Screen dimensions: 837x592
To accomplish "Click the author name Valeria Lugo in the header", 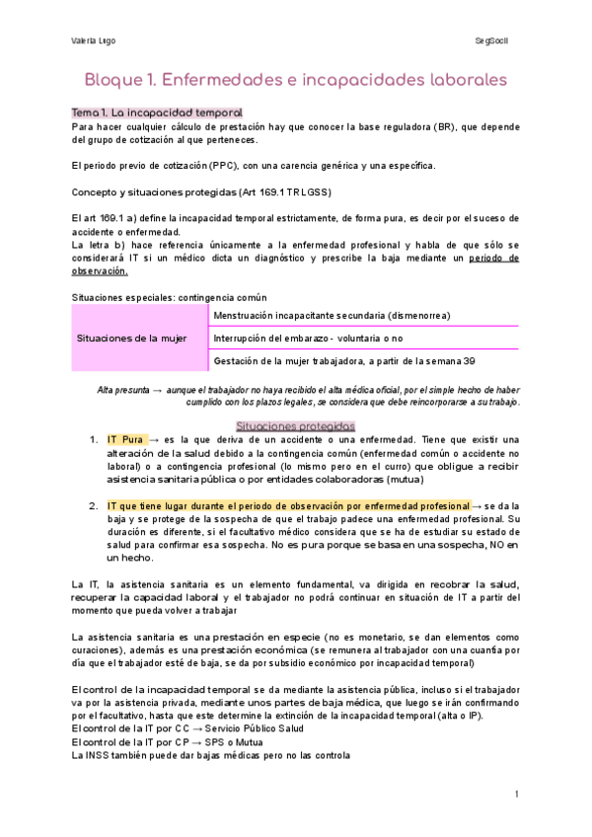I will click(93, 40).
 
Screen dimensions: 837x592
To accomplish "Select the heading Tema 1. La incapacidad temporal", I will click(158, 114).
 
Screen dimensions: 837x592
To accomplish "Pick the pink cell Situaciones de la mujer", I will click(132, 338).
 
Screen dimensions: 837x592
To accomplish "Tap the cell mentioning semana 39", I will click(343, 361).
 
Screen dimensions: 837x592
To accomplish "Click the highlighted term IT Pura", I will click(126, 438).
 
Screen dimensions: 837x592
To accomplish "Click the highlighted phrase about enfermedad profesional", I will click(289, 505).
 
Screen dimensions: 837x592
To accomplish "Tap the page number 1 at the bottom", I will click(516, 795).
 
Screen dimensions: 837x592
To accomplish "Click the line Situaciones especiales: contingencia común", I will click(170, 296).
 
